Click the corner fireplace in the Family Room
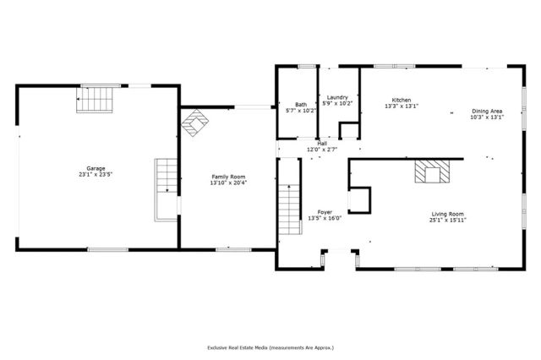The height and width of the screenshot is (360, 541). point(195,125)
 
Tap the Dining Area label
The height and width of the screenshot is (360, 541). point(487,111)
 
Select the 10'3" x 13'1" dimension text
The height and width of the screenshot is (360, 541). point(487,117)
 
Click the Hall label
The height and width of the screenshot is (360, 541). point(322,144)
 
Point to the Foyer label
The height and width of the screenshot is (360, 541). point(325,211)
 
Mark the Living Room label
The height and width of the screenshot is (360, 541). point(448,214)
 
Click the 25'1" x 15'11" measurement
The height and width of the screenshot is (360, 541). point(448,220)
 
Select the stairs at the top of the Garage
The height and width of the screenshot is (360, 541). point(96,100)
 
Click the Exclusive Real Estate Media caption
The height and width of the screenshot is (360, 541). point(270,347)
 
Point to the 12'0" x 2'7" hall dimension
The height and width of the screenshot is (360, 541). point(322,150)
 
